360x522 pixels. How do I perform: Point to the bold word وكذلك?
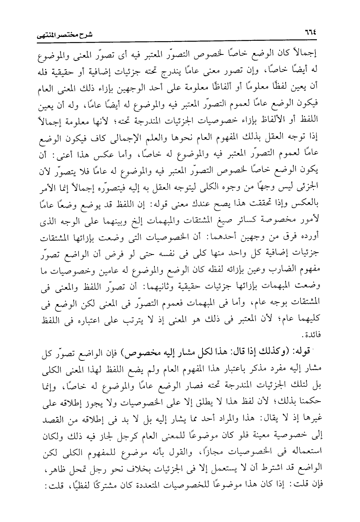tap(279, 352)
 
